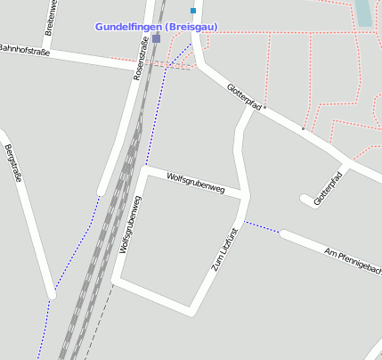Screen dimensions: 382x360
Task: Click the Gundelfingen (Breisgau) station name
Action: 156,27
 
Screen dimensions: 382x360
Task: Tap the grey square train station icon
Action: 157,38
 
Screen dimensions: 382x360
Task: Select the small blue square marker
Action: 192,11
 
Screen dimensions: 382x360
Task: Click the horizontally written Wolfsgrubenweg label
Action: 196,182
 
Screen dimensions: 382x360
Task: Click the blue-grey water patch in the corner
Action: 364,12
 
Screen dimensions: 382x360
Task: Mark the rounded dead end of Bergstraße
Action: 52,296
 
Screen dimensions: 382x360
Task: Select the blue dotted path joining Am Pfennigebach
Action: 263,228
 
